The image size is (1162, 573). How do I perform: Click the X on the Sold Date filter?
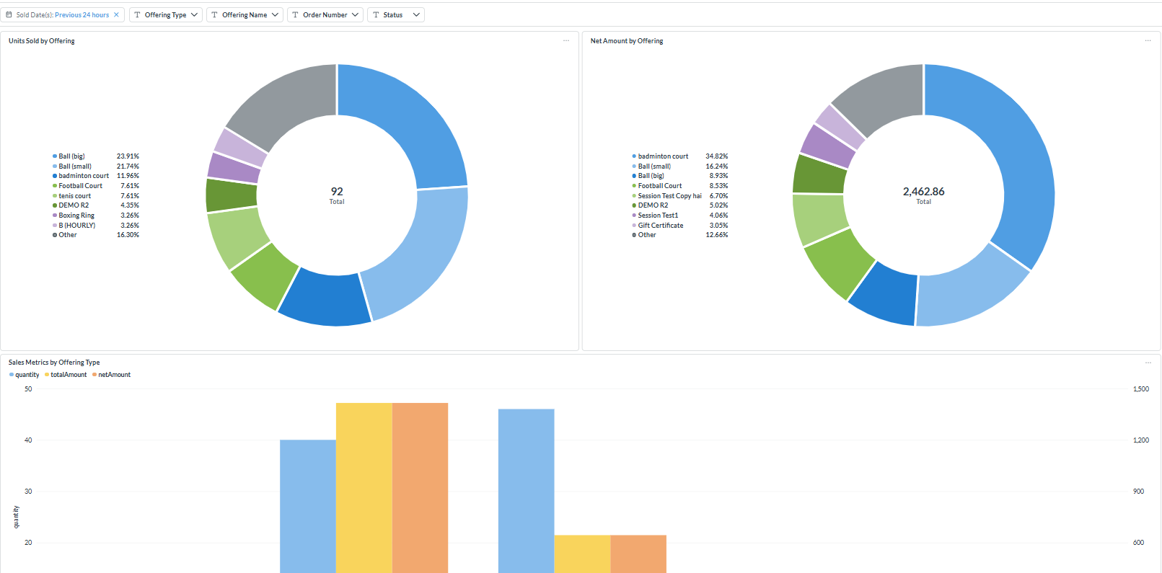[116, 14]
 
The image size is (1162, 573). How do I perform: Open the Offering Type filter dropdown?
[166, 14]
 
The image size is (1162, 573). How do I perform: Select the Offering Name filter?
[245, 14]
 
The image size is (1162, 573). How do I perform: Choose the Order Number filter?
[325, 14]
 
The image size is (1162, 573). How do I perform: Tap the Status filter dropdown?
[396, 14]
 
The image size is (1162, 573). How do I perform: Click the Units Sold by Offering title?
[42, 41]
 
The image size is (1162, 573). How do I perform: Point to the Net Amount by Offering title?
[627, 41]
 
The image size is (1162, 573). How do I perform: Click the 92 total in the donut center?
[337, 191]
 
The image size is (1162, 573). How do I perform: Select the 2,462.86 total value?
[923, 191]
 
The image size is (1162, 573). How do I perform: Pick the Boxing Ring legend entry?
[73, 216]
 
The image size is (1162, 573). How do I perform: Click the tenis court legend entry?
[71, 195]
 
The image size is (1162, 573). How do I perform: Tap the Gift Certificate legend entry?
[658, 225]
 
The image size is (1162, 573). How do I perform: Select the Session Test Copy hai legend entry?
[666, 195]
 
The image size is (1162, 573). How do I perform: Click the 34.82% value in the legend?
[716, 156]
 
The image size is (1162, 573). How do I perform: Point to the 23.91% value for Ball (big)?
[128, 156]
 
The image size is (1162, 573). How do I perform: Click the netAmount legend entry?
[112, 374]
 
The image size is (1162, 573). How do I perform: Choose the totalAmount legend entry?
[66, 374]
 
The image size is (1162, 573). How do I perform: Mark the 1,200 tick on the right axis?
[1141, 440]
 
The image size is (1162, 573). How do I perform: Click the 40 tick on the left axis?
[28, 440]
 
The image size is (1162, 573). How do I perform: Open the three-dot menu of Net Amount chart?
[1148, 40]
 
